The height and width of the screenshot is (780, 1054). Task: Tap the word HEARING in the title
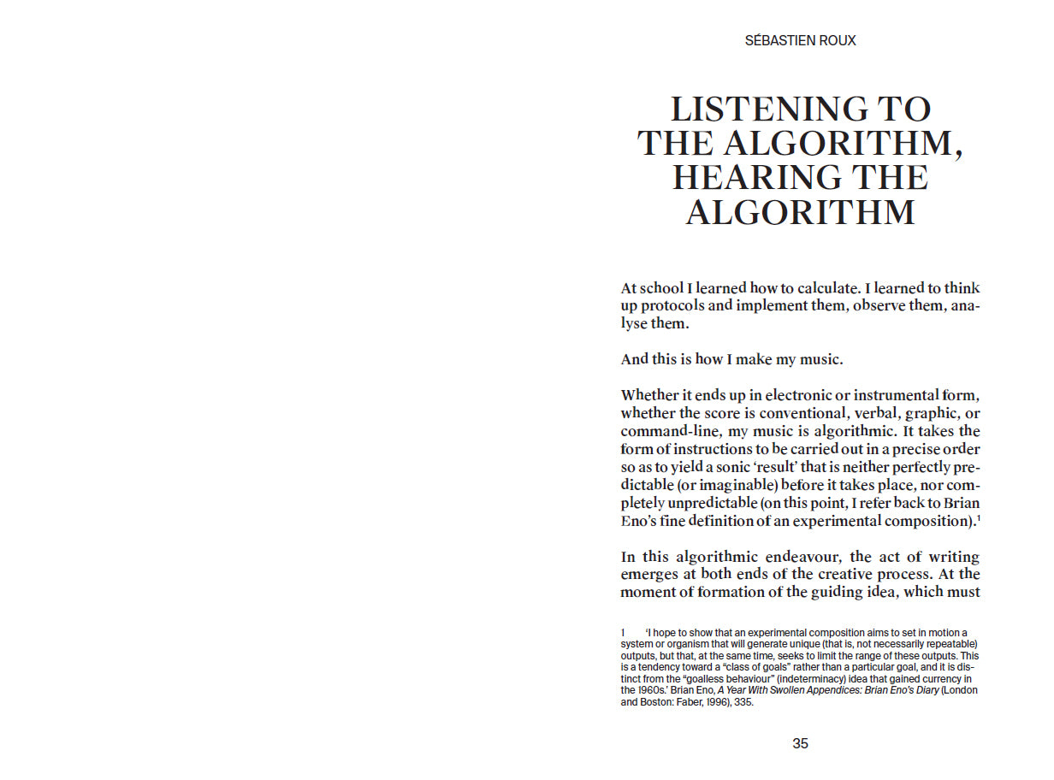point(738,178)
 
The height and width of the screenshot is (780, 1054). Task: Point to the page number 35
point(800,743)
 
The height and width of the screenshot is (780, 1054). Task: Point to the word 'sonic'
point(726,467)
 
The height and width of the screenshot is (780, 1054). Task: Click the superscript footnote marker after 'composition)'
point(978,517)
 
